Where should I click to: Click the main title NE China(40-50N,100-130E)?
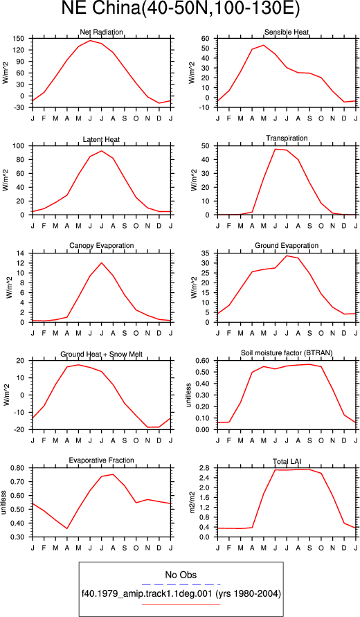click(x=181, y=10)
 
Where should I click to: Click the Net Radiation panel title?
click(x=102, y=32)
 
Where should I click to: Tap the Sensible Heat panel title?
click(x=287, y=32)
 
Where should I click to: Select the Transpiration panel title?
click(x=287, y=138)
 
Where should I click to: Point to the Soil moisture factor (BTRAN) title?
click(x=287, y=353)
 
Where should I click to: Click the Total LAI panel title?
click(x=287, y=461)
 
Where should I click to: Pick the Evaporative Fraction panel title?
click(x=102, y=460)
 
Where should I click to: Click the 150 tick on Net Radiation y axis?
click(x=19, y=39)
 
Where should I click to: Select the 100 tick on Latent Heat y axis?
click(x=19, y=146)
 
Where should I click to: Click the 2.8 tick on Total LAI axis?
click(x=207, y=468)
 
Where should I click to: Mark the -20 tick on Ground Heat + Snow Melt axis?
click(x=21, y=430)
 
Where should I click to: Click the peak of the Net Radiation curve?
click(x=90, y=41)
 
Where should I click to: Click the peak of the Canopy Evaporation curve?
click(x=102, y=263)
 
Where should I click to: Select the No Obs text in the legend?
click(x=181, y=575)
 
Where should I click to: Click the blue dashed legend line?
click(x=181, y=584)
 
